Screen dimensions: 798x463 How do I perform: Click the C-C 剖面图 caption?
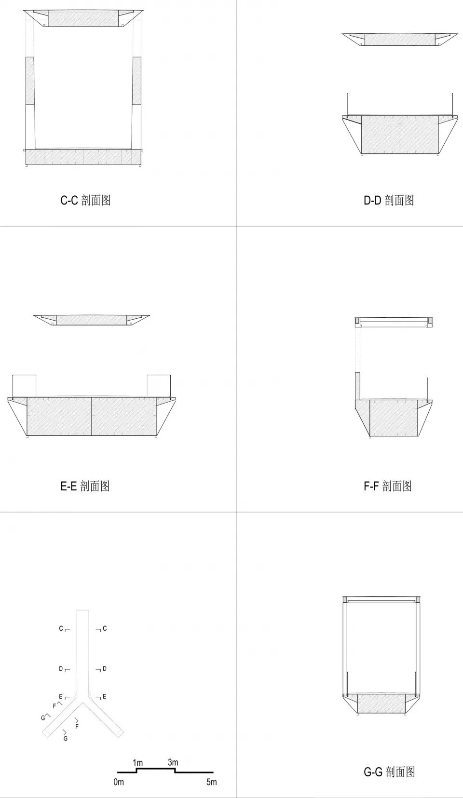[85, 201]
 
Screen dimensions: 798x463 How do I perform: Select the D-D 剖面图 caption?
[389, 201]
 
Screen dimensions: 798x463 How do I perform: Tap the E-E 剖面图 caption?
[85, 486]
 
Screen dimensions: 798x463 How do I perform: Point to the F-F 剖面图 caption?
[388, 486]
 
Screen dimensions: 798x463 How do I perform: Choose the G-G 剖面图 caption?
[389, 771]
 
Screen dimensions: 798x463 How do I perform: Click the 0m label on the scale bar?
[119, 782]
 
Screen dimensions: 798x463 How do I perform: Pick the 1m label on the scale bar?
[138, 763]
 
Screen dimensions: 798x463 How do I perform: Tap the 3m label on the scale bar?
[173, 763]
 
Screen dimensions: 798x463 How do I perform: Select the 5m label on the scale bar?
[212, 782]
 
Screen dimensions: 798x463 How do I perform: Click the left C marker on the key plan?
[61, 629]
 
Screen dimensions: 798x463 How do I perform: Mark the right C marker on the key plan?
[105, 629]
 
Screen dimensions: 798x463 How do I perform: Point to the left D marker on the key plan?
[61, 669]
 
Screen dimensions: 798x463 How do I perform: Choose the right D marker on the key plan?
[105, 669]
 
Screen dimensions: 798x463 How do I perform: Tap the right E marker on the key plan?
[104, 697]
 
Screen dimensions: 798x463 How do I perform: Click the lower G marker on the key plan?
[66, 738]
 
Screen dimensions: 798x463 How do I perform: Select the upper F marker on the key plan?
[54, 706]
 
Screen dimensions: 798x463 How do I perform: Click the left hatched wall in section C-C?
[30, 81]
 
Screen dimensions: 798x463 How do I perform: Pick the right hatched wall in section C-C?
[137, 81]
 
